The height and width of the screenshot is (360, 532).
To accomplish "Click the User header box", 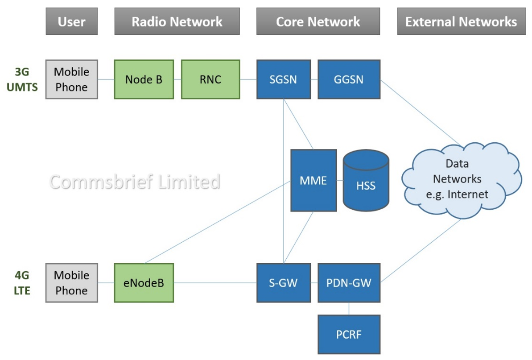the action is point(72,21).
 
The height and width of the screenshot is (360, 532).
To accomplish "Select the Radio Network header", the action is point(177,21).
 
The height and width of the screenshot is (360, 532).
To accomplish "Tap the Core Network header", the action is point(318,21).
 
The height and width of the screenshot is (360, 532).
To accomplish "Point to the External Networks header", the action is point(462,21).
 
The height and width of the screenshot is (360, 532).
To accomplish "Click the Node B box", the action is point(144,79).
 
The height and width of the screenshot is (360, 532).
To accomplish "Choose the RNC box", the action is point(210,79).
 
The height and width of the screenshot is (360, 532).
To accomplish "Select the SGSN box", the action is point(283,79).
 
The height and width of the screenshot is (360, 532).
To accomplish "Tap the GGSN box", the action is point(349,79).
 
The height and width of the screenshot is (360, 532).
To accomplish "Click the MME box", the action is point(313,181).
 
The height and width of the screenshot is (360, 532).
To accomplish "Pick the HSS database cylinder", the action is point(366,181).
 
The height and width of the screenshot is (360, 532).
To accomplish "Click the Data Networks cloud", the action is point(461,181).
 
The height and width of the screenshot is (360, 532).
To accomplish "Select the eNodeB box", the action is point(144,283).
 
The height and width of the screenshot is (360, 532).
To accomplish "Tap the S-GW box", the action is point(283,283).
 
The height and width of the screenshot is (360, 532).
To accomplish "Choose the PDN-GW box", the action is point(349,283).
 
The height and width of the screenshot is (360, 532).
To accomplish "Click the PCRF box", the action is point(349,335).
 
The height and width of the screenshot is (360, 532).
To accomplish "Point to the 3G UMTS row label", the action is point(22,79).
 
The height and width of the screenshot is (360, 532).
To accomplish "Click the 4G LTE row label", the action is point(22,283).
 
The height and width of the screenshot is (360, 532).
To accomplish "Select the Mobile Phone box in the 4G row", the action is point(72,283).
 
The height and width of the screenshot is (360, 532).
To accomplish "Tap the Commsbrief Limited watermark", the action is point(135,182).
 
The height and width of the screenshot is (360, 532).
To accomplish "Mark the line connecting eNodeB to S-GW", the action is point(215,283).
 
